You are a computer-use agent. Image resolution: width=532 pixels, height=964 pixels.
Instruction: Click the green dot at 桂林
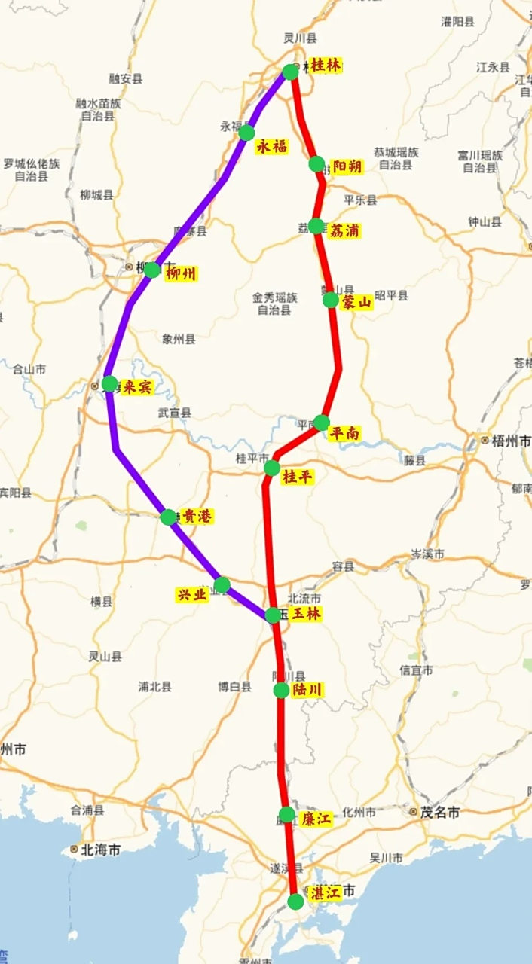(291, 72)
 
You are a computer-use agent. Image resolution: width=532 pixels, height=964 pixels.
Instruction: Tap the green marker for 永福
(246, 133)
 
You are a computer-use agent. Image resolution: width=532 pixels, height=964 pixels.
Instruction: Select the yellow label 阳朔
(347, 167)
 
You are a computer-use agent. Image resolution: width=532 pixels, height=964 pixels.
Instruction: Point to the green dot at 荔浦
(316, 226)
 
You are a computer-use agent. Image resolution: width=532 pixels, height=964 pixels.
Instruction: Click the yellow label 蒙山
(356, 302)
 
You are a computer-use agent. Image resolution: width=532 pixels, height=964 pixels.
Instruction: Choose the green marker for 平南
(322, 422)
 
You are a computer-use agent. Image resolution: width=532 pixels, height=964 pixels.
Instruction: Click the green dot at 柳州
(152, 270)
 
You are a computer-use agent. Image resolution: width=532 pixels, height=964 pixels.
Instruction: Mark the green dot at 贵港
(167, 517)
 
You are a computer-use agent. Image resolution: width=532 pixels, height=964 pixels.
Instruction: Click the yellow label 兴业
(191, 593)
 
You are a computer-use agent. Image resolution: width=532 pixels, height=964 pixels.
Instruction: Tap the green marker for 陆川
(281, 690)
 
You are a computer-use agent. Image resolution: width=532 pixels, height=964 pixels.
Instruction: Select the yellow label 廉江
(316, 819)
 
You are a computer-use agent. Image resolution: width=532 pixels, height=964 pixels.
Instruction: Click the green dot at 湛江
(297, 901)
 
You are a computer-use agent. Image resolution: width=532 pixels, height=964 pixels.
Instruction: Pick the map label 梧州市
(511, 441)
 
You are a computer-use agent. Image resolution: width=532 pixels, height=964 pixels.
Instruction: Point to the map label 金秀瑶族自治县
(274, 304)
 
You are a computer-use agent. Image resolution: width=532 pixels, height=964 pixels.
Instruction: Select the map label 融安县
(126, 78)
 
